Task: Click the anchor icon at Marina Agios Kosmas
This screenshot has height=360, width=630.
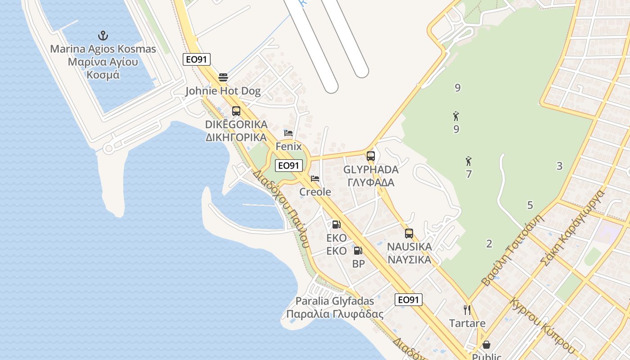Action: click(x=103, y=35)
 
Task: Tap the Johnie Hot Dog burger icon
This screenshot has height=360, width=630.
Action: click(x=223, y=77)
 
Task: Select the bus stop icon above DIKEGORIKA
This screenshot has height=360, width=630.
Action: click(x=236, y=111)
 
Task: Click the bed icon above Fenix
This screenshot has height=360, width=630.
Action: click(x=288, y=133)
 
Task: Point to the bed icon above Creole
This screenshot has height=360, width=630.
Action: click(x=315, y=179)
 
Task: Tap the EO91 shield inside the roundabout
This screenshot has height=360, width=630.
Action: click(x=288, y=166)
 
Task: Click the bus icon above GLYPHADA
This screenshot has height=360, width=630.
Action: click(x=371, y=156)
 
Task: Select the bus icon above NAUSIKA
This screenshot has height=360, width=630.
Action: click(x=409, y=233)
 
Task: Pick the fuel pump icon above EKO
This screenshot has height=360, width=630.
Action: click(x=336, y=225)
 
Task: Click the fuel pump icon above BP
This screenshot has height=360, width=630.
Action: click(x=358, y=251)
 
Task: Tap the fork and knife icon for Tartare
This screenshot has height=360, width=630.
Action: click(x=467, y=310)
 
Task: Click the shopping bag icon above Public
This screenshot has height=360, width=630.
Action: click(x=486, y=345)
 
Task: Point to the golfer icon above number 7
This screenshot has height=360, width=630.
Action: click(x=468, y=161)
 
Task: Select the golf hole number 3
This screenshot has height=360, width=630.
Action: click(x=559, y=166)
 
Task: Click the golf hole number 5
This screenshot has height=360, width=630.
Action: click(x=530, y=206)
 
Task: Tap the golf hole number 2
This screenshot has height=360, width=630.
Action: click(x=489, y=244)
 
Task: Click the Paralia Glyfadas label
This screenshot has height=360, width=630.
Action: click(x=335, y=307)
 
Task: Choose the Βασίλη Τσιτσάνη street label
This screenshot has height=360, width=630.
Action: click(x=513, y=250)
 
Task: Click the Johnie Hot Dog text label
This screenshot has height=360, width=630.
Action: click(x=223, y=91)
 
